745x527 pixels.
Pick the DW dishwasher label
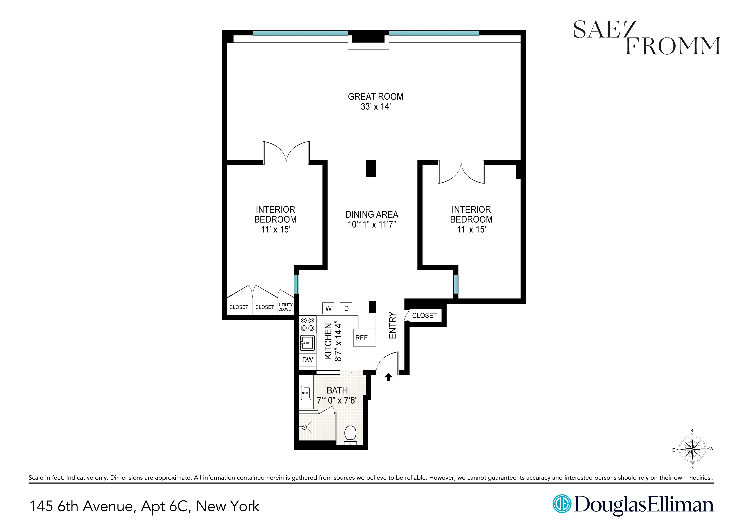[307, 360]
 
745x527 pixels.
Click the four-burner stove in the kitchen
[307, 324]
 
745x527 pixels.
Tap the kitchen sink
[307, 343]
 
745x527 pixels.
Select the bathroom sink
[306, 393]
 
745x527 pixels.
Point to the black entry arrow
[388, 377]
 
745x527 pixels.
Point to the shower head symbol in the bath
[304, 427]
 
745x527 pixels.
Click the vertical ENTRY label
[392, 325]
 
